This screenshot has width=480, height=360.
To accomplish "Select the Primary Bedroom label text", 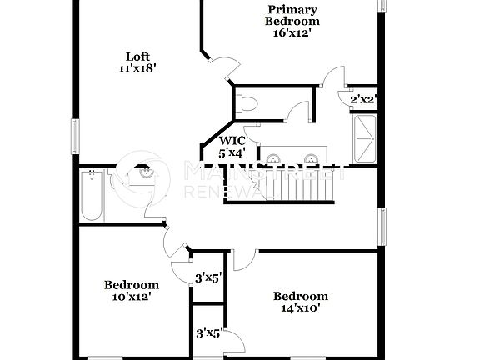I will (292, 14).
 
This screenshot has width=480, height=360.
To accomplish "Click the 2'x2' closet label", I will (364, 99).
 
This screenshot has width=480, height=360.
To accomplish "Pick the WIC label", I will (232, 141).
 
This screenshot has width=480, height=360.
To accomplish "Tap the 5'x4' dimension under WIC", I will (232, 153).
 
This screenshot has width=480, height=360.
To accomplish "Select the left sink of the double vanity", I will (272, 157).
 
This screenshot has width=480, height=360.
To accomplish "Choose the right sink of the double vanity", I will (311, 157).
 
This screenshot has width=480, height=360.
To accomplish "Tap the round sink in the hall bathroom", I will (144, 173).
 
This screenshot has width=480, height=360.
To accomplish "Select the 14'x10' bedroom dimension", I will (300, 308).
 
